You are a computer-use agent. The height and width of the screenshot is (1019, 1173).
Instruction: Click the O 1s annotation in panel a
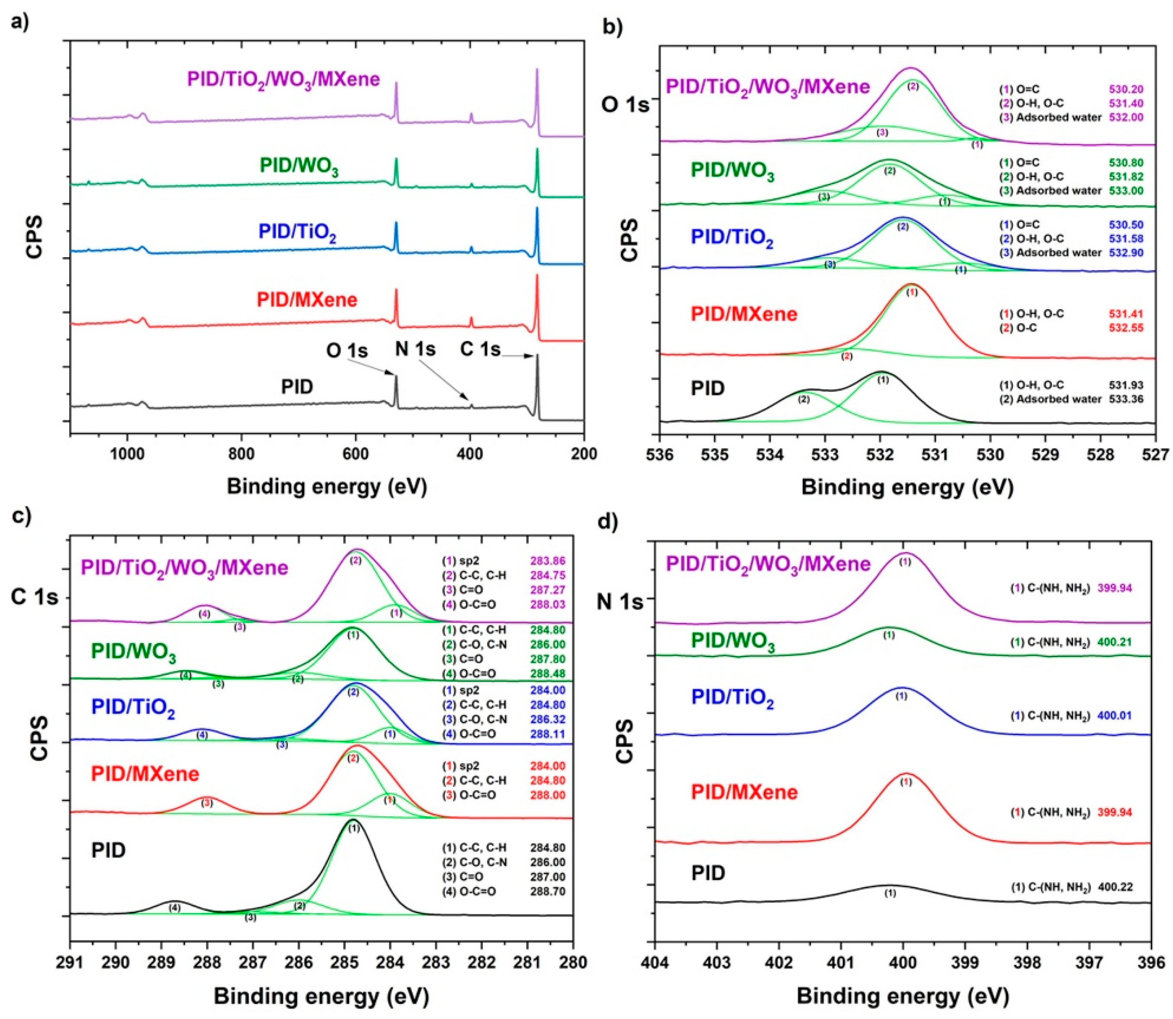click(347, 351)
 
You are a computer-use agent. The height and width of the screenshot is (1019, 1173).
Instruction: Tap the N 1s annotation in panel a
click(415, 348)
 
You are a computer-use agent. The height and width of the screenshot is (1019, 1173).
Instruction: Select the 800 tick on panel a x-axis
click(241, 454)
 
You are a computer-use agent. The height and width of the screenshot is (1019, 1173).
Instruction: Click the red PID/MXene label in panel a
click(307, 300)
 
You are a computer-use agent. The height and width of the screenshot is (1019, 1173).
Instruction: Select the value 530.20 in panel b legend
click(1126, 89)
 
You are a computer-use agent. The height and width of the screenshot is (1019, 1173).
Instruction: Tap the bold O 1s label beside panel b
click(625, 105)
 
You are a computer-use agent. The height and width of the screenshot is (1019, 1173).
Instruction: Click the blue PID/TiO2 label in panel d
click(733, 698)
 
